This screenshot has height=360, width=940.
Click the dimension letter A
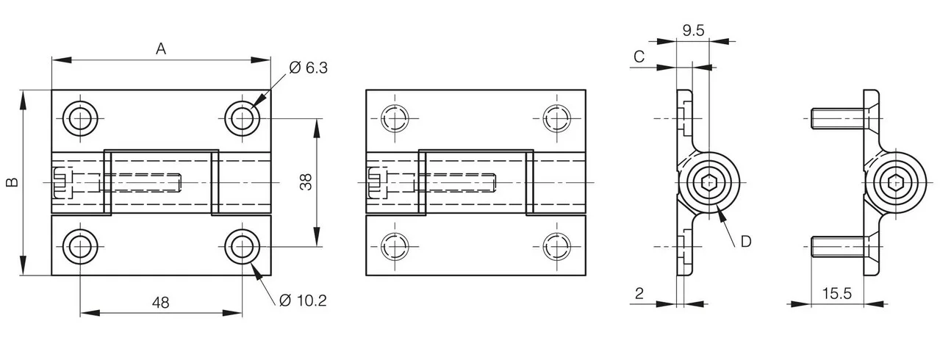point(161,49)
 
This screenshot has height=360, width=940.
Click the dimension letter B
point(12,182)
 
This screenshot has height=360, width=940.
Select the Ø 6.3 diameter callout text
point(309,68)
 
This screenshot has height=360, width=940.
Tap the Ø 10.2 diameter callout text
point(303,300)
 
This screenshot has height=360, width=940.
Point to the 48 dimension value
point(160,303)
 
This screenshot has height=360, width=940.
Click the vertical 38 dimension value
point(306,182)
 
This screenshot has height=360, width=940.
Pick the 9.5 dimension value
point(693,30)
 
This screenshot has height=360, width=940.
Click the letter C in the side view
point(639,57)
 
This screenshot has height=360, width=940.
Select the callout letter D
point(746,242)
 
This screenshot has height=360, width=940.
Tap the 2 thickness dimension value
point(639,293)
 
